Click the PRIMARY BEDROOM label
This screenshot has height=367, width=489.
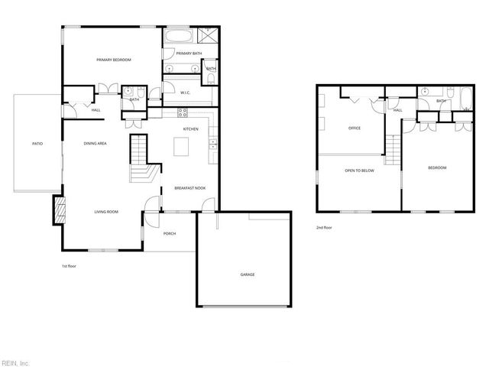114,60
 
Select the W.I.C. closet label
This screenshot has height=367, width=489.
186,93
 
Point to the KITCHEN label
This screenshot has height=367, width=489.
191,128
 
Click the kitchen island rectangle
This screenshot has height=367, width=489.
182,145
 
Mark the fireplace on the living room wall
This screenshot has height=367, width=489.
57,209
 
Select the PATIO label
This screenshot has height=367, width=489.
37,143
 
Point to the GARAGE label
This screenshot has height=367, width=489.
247,274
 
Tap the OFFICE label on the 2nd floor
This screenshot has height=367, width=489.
354,128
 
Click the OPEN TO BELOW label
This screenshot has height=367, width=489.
359,171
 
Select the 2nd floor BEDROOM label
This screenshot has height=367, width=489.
436,167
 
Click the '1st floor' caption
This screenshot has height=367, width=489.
70,266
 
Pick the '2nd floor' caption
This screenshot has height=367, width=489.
324,228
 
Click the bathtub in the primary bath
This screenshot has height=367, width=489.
178,35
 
